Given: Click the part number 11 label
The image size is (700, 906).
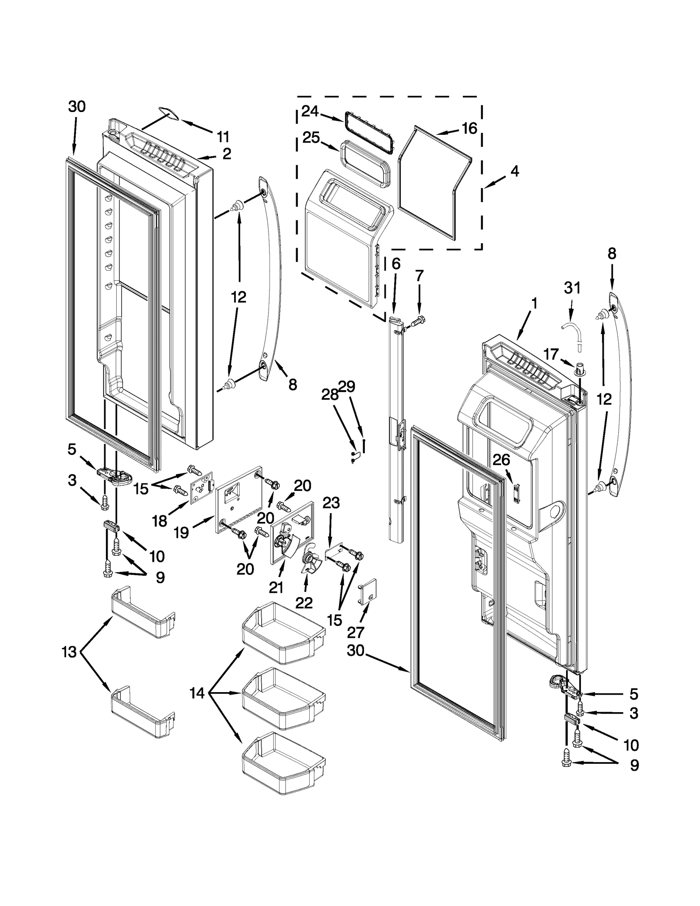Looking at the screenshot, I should pyautogui.click(x=223, y=137).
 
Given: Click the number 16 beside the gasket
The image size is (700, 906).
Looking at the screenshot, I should pyautogui.click(x=469, y=129).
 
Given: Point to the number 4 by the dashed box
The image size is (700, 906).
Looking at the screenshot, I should pyautogui.click(x=514, y=171).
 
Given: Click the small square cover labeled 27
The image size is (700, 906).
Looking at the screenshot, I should pyautogui.click(x=368, y=589).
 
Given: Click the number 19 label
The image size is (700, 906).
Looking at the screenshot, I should pyautogui.click(x=181, y=532).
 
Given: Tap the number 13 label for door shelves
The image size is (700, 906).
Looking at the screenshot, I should pyautogui.click(x=69, y=664).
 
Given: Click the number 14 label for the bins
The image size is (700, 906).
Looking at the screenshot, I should pyautogui.click(x=197, y=705).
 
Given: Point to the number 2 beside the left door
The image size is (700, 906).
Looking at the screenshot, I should pyautogui.click(x=227, y=154).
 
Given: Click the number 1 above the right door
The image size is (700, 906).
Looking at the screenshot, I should pyautogui.click(x=534, y=303).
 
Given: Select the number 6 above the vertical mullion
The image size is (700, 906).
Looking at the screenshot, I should pyautogui.click(x=395, y=263).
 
